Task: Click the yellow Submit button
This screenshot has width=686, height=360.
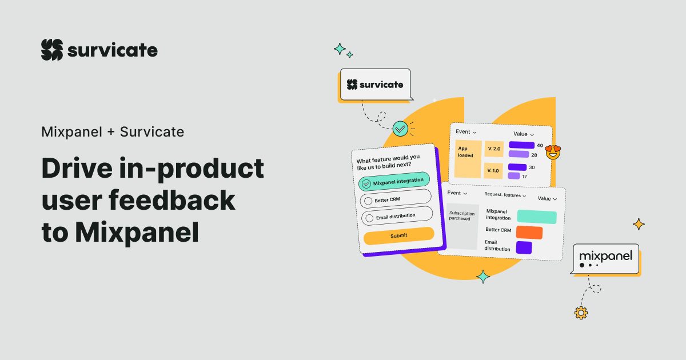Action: pos(399,235)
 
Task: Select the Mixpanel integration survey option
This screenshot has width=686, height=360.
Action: pos(394,182)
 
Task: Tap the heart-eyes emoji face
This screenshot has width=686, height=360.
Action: pos(553,152)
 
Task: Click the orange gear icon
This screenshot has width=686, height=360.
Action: pos(581,312)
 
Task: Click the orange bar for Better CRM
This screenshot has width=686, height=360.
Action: pos(529,232)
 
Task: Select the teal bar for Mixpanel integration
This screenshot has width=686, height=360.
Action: pos(536,217)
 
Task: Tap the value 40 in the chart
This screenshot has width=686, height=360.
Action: pos(540,145)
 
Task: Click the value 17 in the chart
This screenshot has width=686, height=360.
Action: pos(524,177)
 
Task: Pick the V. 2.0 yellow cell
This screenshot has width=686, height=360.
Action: pos(494,149)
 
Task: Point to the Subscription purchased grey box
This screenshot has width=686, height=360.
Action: pos(462,226)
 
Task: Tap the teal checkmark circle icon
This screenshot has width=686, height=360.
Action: pos(400,129)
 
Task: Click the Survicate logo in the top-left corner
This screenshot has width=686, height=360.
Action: pos(99,50)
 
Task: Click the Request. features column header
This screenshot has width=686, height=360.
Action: pos(503,195)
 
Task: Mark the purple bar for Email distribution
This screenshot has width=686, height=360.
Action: pos(524,247)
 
